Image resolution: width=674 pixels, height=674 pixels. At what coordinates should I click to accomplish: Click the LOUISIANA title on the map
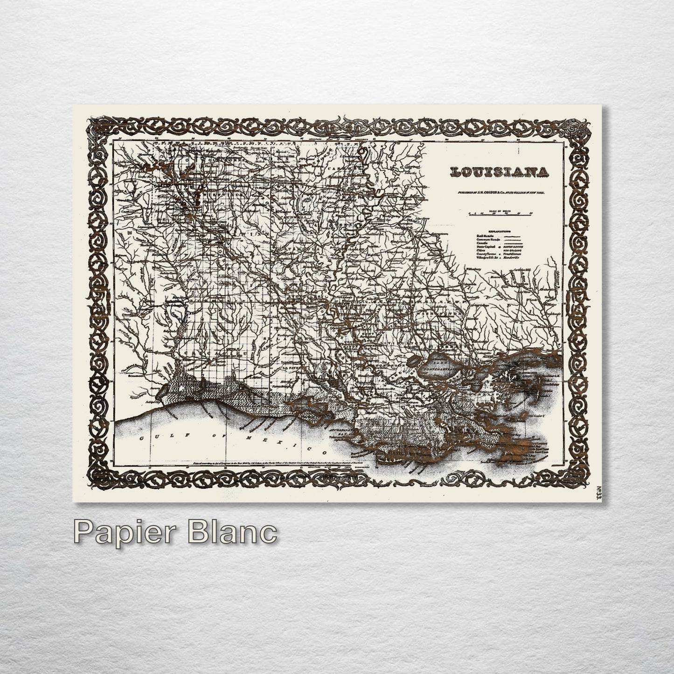coord(499,172)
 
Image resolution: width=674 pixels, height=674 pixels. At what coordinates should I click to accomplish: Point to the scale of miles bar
coord(501,214)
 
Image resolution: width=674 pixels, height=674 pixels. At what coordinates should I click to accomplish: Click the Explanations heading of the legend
coord(499,231)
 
